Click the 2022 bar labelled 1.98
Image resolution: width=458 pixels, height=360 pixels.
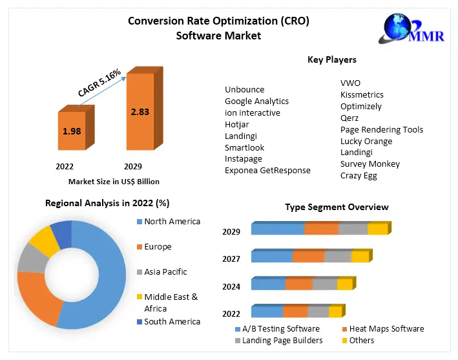pyautogui.click(x=72, y=131)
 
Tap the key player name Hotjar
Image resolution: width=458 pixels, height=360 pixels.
pyautogui.click(x=236, y=124)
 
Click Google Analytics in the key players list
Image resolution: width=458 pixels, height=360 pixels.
pyautogui.click(x=256, y=101)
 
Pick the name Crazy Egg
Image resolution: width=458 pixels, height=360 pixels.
pyautogui.click(x=359, y=175)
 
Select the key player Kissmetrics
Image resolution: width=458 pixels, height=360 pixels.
pyautogui.click(x=362, y=94)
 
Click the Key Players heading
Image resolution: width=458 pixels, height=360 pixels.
pyautogui.click(x=332, y=60)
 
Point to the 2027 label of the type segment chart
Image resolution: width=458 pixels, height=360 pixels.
pyautogui.click(x=231, y=259)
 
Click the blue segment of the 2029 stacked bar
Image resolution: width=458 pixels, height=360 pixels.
pyautogui.click(x=277, y=229)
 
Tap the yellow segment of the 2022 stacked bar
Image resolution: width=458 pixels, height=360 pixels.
pyautogui.click(x=335, y=312)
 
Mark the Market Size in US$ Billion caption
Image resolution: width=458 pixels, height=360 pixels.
pyautogui.click(x=114, y=182)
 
